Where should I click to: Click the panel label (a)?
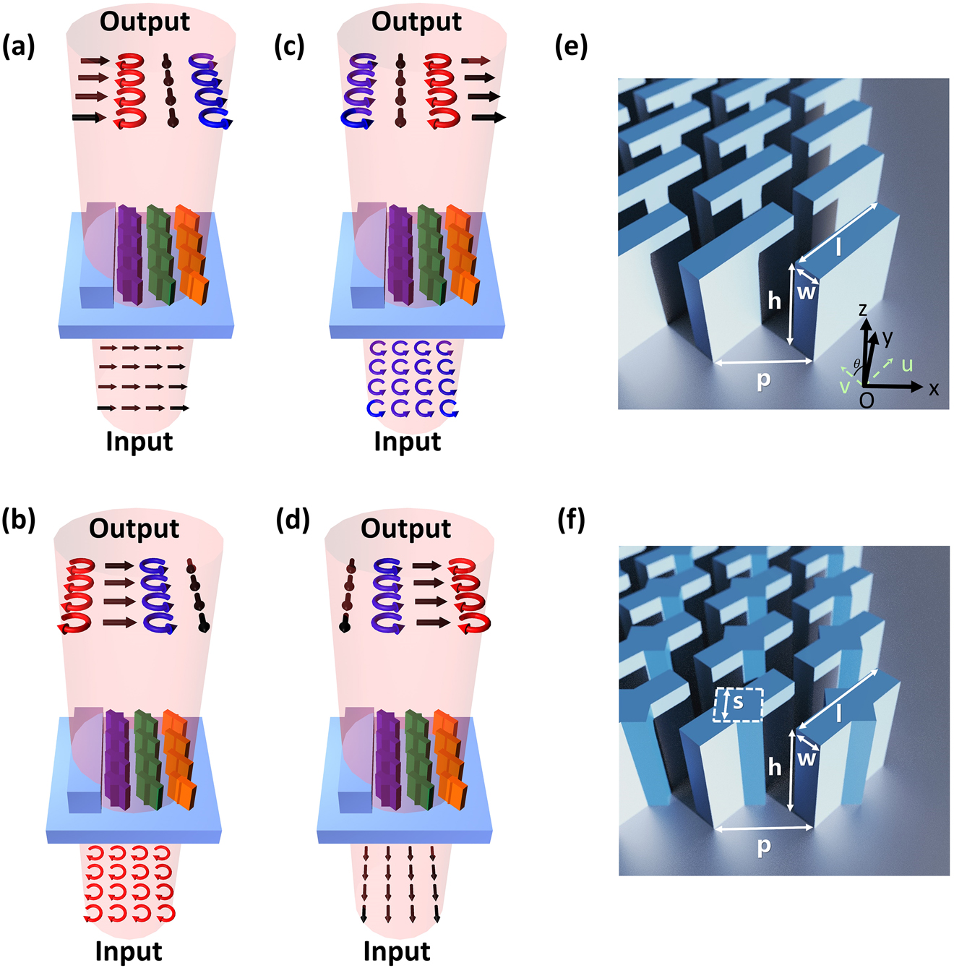[19, 48]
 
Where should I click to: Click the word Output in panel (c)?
[416, 22]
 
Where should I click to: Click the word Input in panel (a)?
[139, 442]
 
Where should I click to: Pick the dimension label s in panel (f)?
[738, 701]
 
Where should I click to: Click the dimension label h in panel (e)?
[775, 301]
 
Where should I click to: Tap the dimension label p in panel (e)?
[764, 380]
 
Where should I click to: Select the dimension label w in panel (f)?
[807, 758]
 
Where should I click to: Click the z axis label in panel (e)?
[863, 309]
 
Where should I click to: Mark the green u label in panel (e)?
[907, 364]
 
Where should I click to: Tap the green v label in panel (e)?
[844, 387]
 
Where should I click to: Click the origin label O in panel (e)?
[867, 401]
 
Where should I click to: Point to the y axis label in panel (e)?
[888, 338]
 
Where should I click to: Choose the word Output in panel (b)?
[134, 528]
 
